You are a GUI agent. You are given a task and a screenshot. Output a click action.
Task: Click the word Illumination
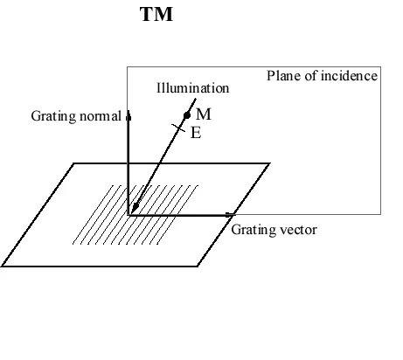[x=192, y=88]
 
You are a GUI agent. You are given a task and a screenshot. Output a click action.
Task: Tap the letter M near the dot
[x=203, y=114]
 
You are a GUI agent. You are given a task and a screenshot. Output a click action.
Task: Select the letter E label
[x=195, y=135]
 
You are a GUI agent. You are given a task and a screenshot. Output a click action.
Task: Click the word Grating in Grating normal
[x=52, y=115]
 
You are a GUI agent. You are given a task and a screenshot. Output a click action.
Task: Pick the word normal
[x=99, y=115]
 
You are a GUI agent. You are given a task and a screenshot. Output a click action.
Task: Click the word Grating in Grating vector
[x=252, y=230]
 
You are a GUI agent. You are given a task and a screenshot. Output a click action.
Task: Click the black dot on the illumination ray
[x=186, y=115]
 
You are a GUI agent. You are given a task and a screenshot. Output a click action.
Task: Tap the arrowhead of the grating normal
[x=129, y=114]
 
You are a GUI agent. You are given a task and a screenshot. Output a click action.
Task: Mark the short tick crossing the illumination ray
[x=178, y=128]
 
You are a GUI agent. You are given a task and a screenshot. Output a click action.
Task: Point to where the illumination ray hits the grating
[x=134, y=207]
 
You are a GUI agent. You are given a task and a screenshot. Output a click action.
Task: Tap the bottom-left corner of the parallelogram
[x=3, y=266]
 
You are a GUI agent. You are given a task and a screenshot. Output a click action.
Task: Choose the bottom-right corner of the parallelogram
[x=202, y=266]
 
